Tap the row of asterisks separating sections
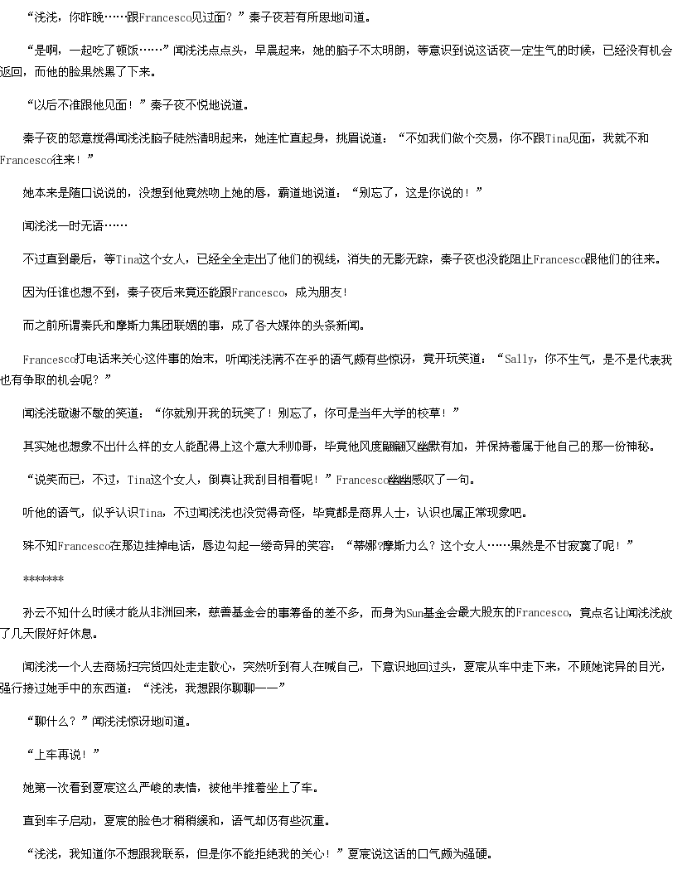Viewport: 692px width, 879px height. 43,578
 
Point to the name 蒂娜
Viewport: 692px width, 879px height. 365,545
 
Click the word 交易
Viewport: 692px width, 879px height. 486,138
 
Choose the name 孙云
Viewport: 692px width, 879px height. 34,613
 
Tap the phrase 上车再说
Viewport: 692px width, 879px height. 58,755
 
